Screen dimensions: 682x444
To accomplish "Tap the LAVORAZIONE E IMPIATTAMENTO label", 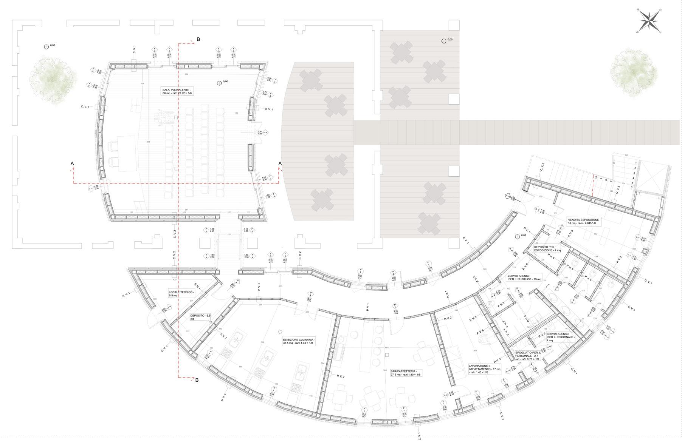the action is (485, 369).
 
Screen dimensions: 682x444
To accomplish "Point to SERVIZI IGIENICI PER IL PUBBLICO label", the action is (524, 277).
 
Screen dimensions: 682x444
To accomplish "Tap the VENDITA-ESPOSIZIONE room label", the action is (584, 221).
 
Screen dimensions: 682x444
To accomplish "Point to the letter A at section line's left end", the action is (72, 163).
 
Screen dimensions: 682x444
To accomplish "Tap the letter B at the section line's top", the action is (198, 39).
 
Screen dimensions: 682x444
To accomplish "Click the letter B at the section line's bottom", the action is (197, 380).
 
